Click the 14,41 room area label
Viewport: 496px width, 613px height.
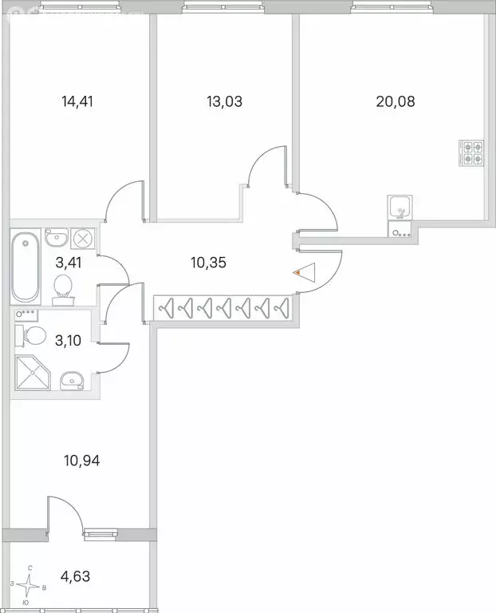coord(77,101)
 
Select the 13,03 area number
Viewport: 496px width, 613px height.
coord(224,101)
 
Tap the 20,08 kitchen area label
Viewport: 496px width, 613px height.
coord(396,101)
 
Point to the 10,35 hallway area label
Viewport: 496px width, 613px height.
coord(209,261)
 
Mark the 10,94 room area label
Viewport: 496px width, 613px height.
coord(83,460)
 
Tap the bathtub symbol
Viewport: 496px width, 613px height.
coord(25,265)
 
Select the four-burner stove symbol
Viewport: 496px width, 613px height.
coord(471,152)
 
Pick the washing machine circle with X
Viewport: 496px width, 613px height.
coord(83,238)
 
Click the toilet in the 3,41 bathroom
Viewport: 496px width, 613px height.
coord(63,289)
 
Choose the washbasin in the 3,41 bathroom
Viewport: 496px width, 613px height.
coord(55,238)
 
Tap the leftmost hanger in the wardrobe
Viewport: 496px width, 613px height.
coord(167,307)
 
